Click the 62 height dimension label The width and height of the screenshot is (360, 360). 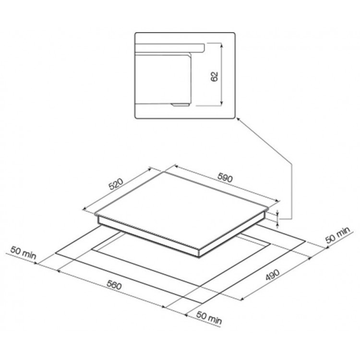click(x=214, y=77)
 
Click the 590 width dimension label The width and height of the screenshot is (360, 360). click(x=225, y=178)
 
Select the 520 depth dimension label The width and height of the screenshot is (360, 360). click(x=116, y=184)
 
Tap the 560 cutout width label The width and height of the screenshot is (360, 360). click(x=114, y=286)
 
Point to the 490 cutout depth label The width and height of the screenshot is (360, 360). click(x=273, y=275)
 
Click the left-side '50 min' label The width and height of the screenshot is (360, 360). click(x=23, y=253)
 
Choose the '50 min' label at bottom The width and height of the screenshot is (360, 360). click(x=209, y=318)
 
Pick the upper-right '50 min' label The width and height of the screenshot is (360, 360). click(x=338, y=235)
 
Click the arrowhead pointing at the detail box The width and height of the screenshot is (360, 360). click(x=239, y=119)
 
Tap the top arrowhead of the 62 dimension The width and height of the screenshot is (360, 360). click(x=221, y=45)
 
